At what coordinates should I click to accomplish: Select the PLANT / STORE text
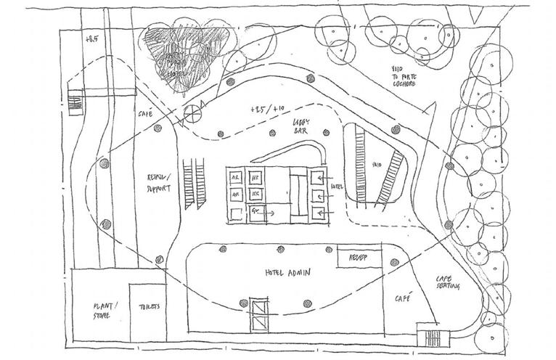[x=97, y=311]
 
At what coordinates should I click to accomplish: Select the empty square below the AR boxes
[x=236, y=212]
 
